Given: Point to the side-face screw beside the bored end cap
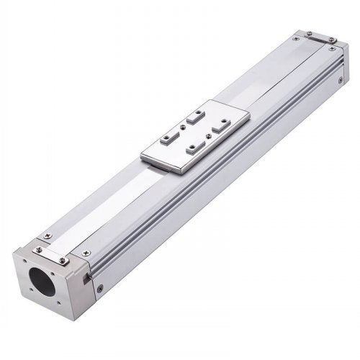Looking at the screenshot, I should tap(99, 288).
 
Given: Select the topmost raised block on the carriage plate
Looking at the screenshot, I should tap(192, 113).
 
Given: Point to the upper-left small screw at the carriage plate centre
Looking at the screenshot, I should tap(186, 125).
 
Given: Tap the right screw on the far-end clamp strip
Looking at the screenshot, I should tap(330, 40).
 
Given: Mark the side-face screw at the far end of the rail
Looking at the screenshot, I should tap(340, 81).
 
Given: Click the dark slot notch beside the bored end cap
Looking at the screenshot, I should tap(88, 275).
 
